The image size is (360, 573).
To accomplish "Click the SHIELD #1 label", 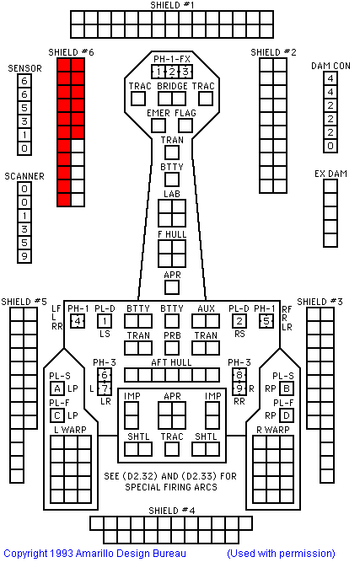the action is pyautogui.click(x=172, y=5).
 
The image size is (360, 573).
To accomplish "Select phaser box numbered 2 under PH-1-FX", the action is pyautogui.click(x=172, y=72).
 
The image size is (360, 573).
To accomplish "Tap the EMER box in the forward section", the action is pyautogui.click(x=159, y=126).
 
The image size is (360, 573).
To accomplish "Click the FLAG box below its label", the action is pyautogui.click(x=185, y=126).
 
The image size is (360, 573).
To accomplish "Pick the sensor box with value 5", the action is pyautogui.click(x=24, y=108).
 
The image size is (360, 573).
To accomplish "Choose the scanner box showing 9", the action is pyautogui.click(x=24, y=256).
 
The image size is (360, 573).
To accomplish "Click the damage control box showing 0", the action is pyautogui.click(x=330, y=146).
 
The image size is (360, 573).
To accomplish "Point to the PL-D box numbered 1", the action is pyautogui.click(x=105, y=321).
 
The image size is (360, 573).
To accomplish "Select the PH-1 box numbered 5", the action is pyautogui.click(x=266, y=321).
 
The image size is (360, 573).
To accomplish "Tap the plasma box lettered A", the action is pyautogui.click(x=57, y=388).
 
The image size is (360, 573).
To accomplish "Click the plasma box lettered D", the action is pyautogui.click(x=287, y=415).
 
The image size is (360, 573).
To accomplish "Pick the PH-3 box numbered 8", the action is pyautogui.click(x=239, y=375).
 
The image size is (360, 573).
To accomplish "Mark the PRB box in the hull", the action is pyautogui.click(x=172, y=348).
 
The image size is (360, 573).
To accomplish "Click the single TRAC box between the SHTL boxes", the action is pyautogui.click(x=172, y=449).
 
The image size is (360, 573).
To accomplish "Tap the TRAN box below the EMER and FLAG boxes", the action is pyautogui.click(x=172, y=153).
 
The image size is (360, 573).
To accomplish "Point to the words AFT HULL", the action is pyautogui.click(x=171, y=362).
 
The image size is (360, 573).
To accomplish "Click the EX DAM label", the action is pyautogui.click(x=330, y=174).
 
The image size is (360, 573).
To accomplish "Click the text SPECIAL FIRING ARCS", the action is pyautogui.click(x=171, y=487).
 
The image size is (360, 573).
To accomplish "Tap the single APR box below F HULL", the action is pyautogui.click(x=172, y=287).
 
